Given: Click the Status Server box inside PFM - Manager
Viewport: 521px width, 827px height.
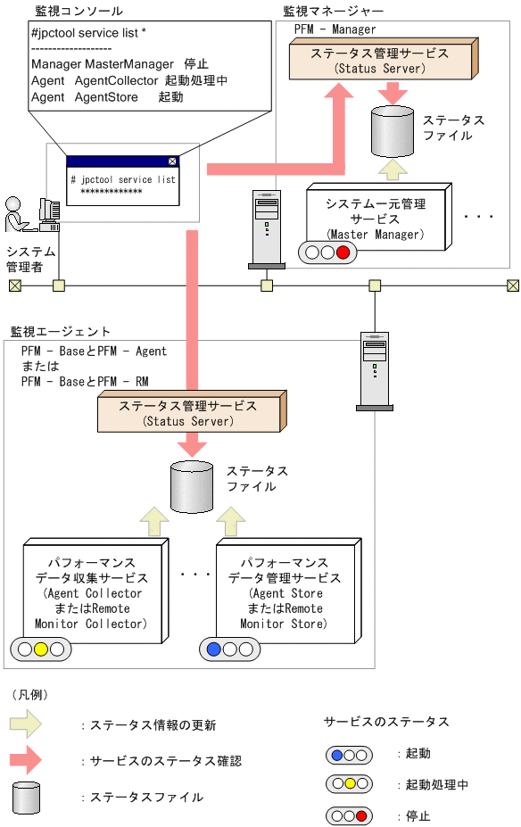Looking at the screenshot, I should [380, 60].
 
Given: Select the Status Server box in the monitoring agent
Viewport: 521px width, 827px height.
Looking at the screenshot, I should [188, 413].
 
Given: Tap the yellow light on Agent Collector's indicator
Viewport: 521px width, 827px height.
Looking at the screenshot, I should [40, 649].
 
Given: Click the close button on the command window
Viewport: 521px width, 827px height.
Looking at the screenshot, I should [172, 161].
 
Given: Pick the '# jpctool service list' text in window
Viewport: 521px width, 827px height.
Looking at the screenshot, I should [123, 179].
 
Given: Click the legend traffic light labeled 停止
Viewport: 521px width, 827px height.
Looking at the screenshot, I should [350, 815].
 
